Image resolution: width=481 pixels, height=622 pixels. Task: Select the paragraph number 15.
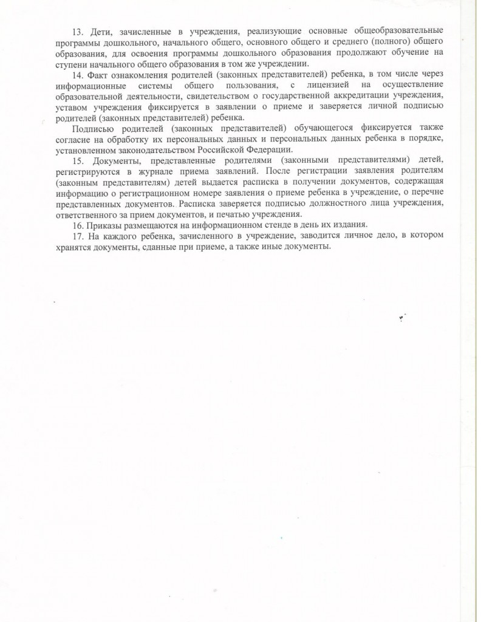pyautogui.click(x=77, y=160)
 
